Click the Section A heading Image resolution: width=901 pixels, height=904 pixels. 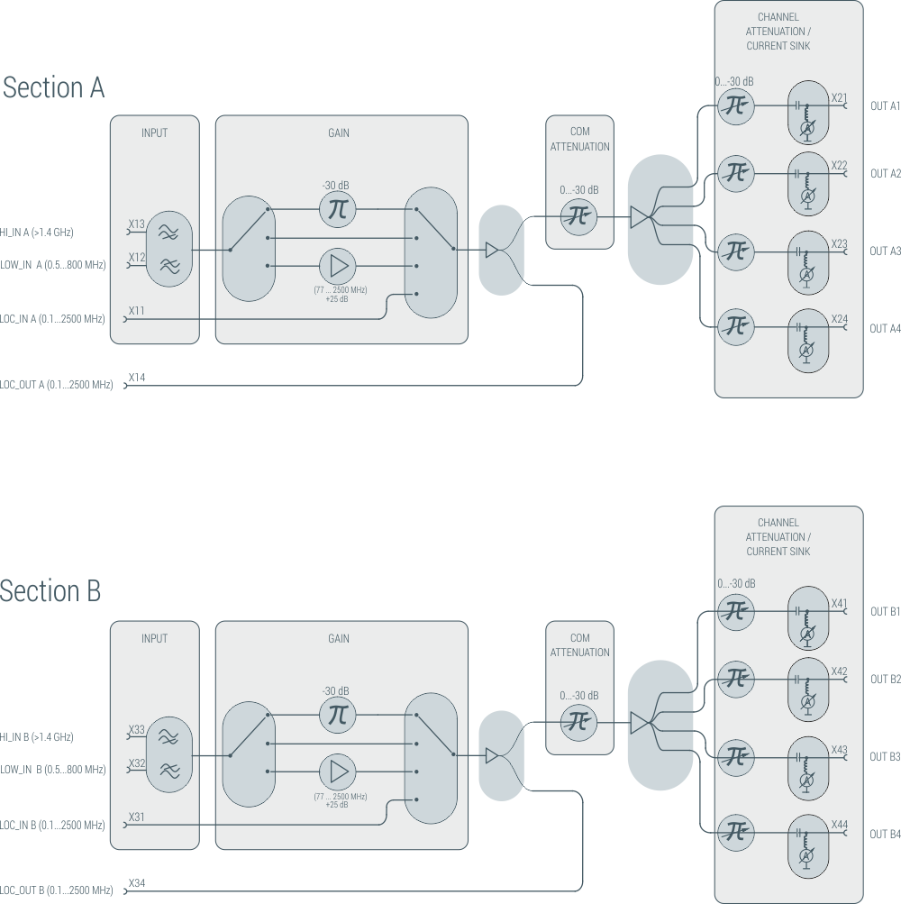point(53,87)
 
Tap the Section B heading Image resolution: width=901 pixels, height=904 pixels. point(50,591)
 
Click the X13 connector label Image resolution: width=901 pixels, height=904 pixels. point(136,224)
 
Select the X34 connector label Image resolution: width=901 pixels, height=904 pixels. point(137,882)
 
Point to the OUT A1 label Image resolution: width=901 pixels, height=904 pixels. point(885,106)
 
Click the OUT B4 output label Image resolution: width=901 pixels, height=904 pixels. point(885,834)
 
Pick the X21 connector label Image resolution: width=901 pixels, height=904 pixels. point(839,97)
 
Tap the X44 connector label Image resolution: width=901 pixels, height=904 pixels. point(839,825)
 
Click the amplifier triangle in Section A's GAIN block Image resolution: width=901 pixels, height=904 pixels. point(338,266)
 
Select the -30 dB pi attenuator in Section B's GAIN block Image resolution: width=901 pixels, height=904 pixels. point(338,715)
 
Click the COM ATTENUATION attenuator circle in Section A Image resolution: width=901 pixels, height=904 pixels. point(579,216)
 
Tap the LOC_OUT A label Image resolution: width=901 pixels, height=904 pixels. point(57,385)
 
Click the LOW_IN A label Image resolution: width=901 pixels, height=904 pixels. point(52,265)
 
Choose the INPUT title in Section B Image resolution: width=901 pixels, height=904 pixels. point(154,638)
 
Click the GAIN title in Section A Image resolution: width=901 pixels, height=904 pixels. point(339,133)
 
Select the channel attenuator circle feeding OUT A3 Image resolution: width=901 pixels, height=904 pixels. point(736,250)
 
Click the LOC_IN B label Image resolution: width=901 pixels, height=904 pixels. point(52,825)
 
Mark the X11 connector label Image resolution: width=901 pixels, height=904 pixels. point(136,311)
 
